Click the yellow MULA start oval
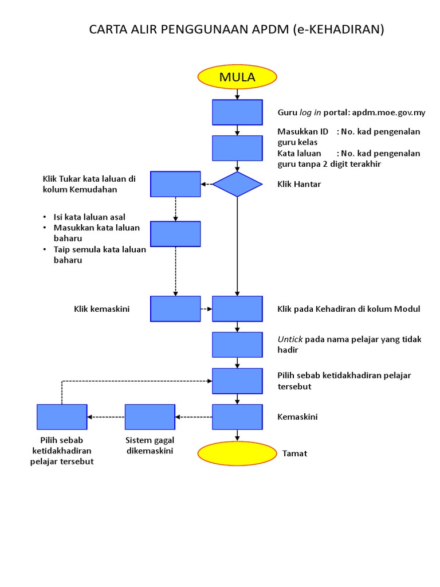237,77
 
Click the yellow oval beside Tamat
237,453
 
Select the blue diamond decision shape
237,184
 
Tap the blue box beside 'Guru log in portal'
237,112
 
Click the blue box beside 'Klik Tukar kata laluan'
175,184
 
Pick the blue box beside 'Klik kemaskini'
175,308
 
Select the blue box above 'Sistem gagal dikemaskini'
150,417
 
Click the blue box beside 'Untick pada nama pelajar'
237,345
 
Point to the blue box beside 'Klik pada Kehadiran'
237,308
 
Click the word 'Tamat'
294,453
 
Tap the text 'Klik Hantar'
299,184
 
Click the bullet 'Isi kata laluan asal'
89,217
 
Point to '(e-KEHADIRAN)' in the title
337,30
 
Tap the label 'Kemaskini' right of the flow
297,417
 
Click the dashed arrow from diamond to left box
206,184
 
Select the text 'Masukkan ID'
302,132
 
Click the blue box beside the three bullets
175,234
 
